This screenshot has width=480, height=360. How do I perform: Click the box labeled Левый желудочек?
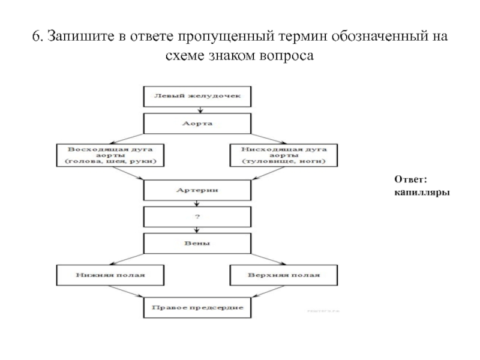[197, 95]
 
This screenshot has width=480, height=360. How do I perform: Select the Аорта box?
[197, 124]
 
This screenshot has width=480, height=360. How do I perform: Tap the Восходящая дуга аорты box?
[110, 154]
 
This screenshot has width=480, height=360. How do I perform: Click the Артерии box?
[197, 190]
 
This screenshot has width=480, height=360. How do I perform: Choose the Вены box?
[197, 244]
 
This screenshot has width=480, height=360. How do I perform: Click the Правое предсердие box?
[197, 307]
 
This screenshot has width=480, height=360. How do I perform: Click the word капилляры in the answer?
[423, 192]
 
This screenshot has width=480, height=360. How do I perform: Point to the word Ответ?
[410, 179]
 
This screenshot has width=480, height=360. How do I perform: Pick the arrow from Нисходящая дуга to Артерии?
[265, 173]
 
